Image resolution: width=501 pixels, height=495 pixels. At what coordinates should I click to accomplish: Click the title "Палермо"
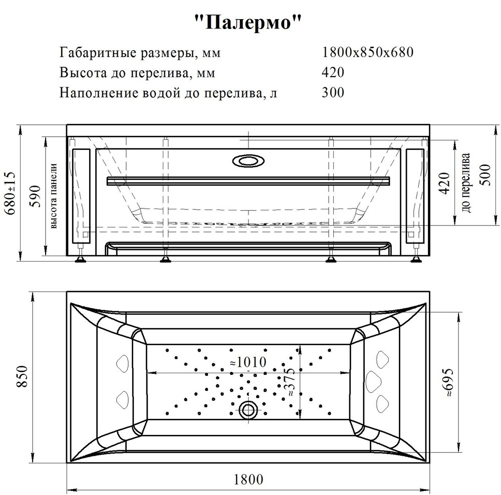point(248,23)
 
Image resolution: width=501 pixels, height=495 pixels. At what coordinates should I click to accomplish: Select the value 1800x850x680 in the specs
point(367,52)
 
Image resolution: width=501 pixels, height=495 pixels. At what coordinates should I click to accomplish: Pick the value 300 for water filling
point(333,92)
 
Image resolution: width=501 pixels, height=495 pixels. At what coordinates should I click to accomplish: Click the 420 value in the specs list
point(333,72)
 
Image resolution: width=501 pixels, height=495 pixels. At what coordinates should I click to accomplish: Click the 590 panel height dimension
point(36,196)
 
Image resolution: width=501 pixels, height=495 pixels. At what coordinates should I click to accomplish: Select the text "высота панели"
point(54,196)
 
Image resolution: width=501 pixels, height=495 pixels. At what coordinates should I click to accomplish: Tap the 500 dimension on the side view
point(485,175)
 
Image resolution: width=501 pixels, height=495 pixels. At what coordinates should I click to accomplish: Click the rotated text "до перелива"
point(465,183)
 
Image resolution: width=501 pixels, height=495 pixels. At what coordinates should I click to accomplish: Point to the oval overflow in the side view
point(248,161)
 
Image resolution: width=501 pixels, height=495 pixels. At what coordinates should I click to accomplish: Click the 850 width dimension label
point(23,377)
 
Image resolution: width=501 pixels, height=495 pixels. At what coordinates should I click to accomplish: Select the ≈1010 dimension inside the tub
point(248,362)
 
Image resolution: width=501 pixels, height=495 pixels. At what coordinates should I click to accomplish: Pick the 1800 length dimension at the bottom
point(248,479)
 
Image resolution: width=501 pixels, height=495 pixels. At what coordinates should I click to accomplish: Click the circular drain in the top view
point(248,409)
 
